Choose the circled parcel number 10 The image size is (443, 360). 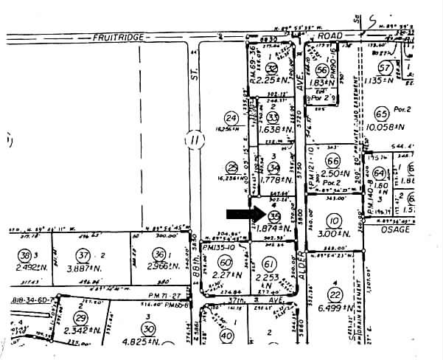[x=334, y=221]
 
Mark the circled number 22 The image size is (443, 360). [x=336, y=294]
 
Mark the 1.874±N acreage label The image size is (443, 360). [x=274, y=229]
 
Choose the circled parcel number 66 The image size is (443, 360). [x=333, y=162]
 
